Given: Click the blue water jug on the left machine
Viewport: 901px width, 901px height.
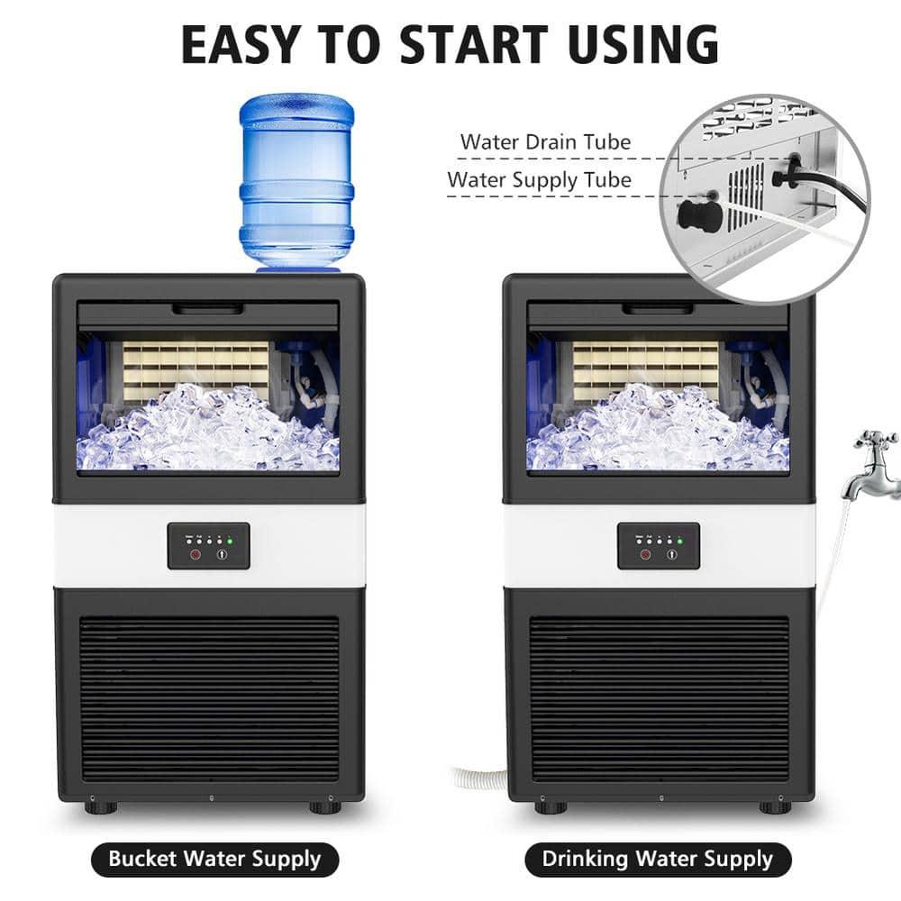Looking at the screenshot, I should [x=296, y=180].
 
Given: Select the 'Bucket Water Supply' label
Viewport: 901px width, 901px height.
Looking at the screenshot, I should [x=214, y=858].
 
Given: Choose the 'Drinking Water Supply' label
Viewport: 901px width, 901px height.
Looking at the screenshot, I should [x=657, y=858].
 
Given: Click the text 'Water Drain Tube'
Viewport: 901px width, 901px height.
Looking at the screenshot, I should [x=545, y=141].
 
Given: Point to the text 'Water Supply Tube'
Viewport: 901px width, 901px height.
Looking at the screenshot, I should [x=539, y=179].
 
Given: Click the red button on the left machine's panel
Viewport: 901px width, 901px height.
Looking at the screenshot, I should [x=191, y=554].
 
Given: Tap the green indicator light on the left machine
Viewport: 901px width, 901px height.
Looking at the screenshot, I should [x=230, y=542].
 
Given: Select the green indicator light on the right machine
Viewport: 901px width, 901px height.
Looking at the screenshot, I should [x=679, y=542].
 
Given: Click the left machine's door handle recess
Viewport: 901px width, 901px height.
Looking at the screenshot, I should [x=208, y=310].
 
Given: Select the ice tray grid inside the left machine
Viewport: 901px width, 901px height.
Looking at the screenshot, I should [x=196, y=369].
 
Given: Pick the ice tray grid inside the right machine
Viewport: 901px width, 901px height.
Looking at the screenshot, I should [x=646, y=369].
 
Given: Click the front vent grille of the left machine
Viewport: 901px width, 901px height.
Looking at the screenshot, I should [x=209, y=698].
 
